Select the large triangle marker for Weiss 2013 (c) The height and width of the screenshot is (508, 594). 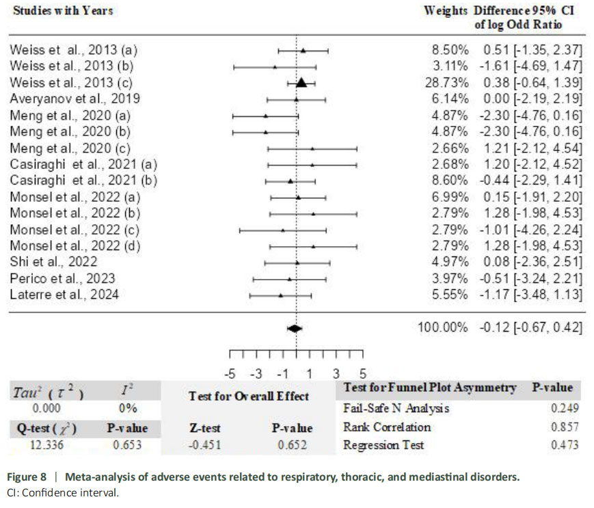click(301, 83)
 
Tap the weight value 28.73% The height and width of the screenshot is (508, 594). click(448, 83)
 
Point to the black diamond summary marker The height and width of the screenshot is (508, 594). click(295, 328)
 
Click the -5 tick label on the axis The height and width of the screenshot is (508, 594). click(230, 374)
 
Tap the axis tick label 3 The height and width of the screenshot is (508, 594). click(336, 374)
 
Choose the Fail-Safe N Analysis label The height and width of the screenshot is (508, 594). click(396, 409)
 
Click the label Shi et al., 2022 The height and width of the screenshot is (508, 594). click(53, 262)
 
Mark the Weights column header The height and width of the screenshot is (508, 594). click(446, 11)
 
